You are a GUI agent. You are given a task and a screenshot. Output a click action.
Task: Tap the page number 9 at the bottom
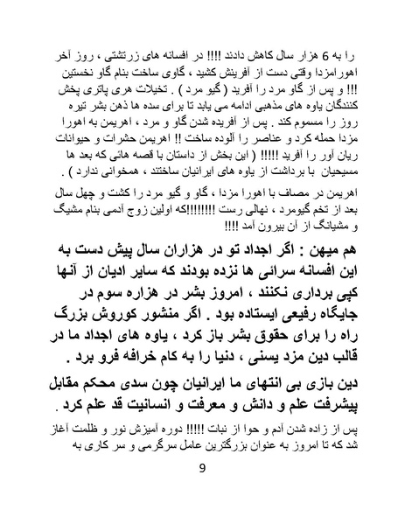click(202, 472)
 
